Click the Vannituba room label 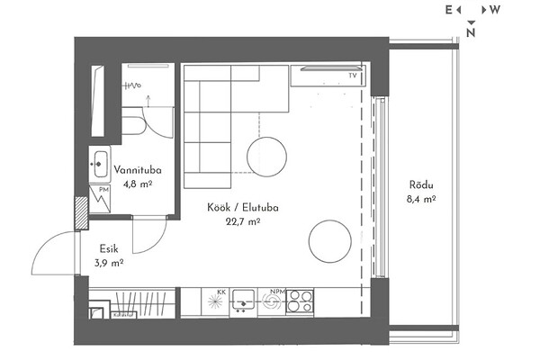pos(138,170)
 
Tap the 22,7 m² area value pos(243,221)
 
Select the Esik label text pos(109,248)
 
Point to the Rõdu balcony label pos(421,184)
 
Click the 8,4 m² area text pos(421,199)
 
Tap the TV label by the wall pos(352,76)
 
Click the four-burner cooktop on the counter pos(300,301)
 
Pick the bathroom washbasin pos(100,165)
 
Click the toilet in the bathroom pos(132,121)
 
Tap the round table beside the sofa pos(266,157)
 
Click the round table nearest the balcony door pos(330,241)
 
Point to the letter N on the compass pos(471,32)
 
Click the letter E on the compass pos(448,10)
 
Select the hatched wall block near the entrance pos(82,213)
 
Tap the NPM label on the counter pos(277,292)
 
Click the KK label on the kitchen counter pos(221,292)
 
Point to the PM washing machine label pos(103,190)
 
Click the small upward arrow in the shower pos(148,102)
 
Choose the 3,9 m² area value pos(109,263)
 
